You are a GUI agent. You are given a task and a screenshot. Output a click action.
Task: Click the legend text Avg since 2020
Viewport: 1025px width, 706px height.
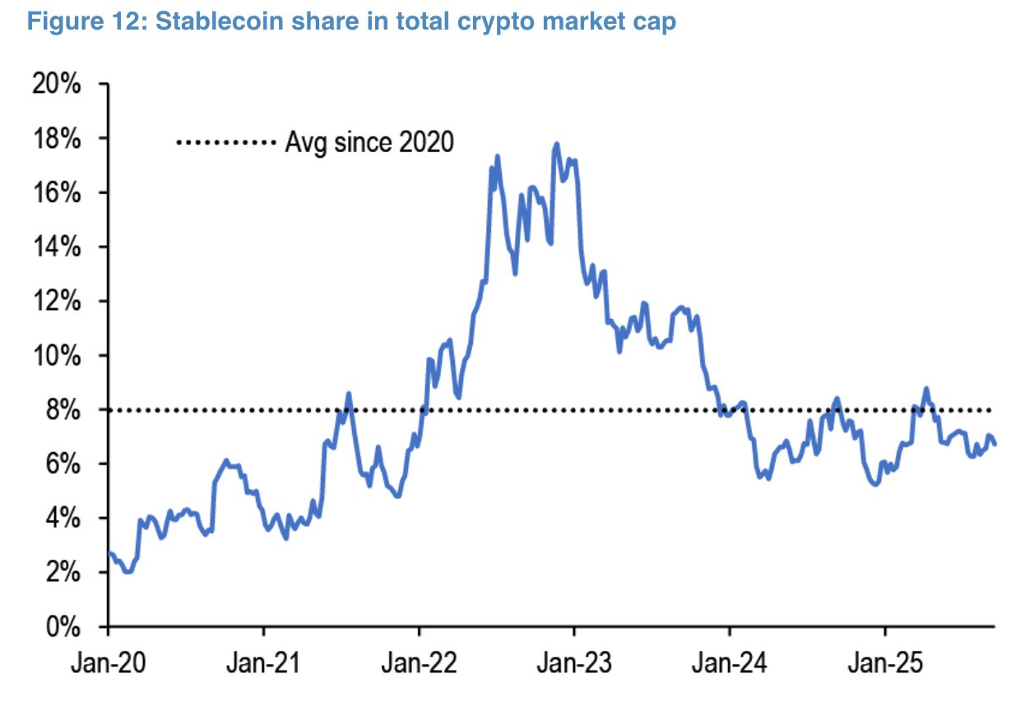(369, 142)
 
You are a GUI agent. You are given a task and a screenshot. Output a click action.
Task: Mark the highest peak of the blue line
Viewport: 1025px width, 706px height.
(557, 144)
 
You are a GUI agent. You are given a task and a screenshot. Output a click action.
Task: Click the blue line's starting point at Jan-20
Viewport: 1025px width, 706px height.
(109, 552)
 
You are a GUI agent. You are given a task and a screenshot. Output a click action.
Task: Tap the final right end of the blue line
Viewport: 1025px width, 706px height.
(995, 445)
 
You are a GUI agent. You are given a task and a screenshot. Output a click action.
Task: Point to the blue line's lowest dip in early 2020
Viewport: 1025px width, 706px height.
(128, 572)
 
